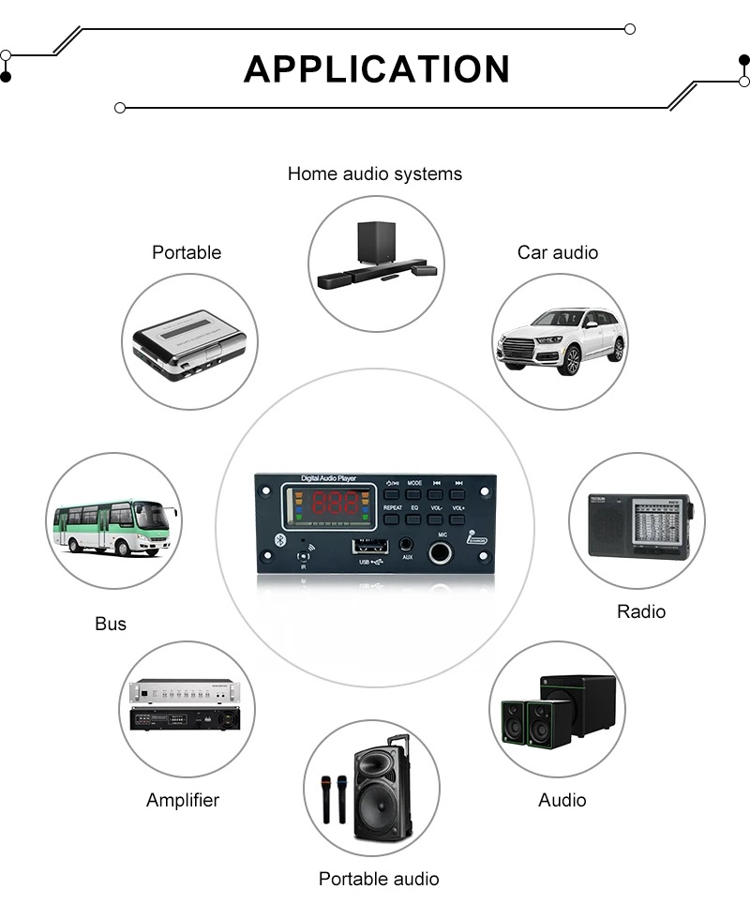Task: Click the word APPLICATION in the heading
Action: (x=376, y=69)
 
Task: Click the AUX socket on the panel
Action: (x=407, y=543)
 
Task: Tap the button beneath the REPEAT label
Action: (x=392, y=518)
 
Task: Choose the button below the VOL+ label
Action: (x=457, y=518)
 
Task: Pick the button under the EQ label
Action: (x=413, y=518)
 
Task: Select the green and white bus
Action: (x=112, y=526)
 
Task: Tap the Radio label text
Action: (x=641, y=611)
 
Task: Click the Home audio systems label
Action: (x=375, y=173)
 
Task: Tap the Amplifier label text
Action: (x=183, y=800)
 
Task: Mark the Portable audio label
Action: (x=379, y=879)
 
